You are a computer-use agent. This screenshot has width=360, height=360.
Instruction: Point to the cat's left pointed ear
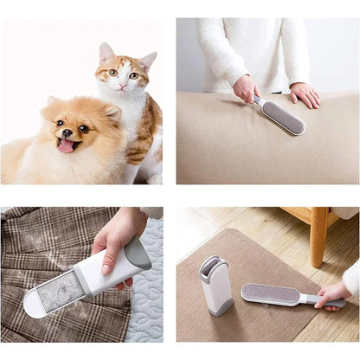pyautogui.click(x=106, y=52)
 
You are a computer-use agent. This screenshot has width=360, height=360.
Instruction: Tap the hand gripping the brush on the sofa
pyautogui.click(x=246, y=88)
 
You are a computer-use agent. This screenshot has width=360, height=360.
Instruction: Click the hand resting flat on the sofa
pyautogui.click(x=305, y=93)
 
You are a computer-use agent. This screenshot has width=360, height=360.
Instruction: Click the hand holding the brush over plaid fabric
pyautogui.click(x=115, y=238)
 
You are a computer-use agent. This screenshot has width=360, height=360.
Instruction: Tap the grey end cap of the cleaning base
pyautogui.click(x=137, y=253)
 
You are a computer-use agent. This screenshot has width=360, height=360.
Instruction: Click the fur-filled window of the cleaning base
pyautogui.click(x=61, y=292)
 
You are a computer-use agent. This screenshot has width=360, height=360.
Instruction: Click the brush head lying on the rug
pyautogui.click(x=270, y=294)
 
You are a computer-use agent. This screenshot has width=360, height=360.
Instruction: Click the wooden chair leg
pyautogui.click(x=318, y=237)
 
